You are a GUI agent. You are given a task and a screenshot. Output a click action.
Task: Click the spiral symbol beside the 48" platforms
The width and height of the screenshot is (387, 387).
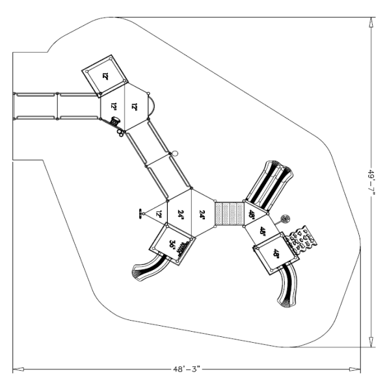tap(284, 219)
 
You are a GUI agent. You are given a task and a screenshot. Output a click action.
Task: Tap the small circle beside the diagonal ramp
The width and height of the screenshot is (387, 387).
tap(173, 154)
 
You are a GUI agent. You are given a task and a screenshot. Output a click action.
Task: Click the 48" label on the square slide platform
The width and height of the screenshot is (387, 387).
tap(276, 254)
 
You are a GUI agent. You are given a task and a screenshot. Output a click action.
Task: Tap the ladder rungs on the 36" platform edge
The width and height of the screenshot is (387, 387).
tap(185, 248)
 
